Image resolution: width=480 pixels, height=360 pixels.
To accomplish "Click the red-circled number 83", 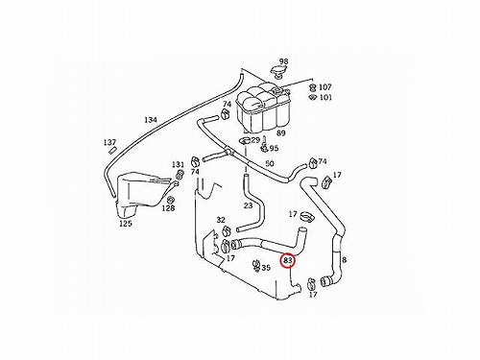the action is click(x=288, y=260).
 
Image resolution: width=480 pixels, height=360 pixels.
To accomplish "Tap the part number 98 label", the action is click(x=283, y=61).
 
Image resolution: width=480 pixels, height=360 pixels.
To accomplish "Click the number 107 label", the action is click(x=325, y=86).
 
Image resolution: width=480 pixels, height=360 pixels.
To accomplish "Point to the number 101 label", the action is click(x=325, y=97).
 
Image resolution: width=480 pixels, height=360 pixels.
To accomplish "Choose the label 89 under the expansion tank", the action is click(x=280, y=133).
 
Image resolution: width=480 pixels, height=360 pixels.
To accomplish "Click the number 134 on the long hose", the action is click(x=151, y=120).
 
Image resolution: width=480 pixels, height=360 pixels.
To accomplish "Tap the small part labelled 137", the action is click(x=113, y=150).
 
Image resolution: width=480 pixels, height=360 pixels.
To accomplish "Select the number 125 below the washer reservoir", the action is click(x=126, y=224).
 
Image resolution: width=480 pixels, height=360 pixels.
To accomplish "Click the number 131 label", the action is click(x=178, y=164).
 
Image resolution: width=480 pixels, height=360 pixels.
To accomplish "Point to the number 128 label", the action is click(x=168, y=208).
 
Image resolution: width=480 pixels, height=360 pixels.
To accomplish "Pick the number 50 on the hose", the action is click(x=270, y=163).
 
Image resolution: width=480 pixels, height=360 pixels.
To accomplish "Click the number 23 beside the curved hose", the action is click(x=249, y=205).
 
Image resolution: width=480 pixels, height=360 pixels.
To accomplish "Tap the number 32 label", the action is click(x=221, y=220).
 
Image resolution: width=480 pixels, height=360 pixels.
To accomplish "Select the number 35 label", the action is click(x=266, y=268).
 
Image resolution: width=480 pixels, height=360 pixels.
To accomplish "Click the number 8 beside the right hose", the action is click(x=344, y=260).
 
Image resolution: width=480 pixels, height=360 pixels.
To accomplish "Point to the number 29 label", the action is click(x=255, y=140).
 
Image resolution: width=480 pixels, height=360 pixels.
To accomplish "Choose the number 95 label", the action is click(x=274, y=148).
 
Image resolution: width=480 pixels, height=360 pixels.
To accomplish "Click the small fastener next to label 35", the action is click(x=256, y=266).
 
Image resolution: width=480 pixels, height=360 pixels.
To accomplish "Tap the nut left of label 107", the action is click(x=313, y=87).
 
